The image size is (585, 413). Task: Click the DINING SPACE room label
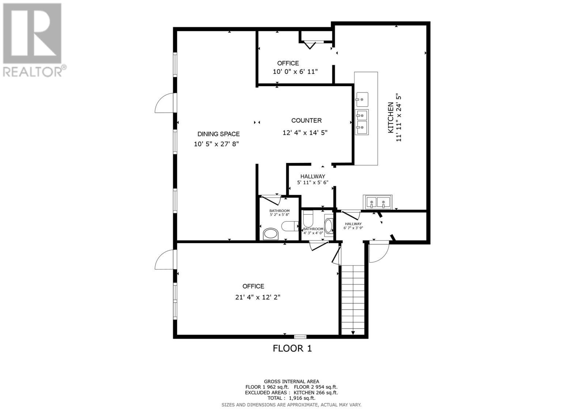pyautogui.click(x=218, y=134)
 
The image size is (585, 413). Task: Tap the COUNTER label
pyautogui.click(x=306, y=121)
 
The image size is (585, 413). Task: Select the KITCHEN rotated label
pyautogui.click(x=390, y=118)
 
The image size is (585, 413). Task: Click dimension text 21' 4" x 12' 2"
pyautogui.click(x=258, y=297)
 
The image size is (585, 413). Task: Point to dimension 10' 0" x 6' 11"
pyautogui.click(x=295, y=72)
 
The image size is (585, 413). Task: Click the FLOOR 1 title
pyautogui.click(x=292, y=348)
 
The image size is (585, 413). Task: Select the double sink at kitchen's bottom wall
pyautogui.click(x=377, y=202)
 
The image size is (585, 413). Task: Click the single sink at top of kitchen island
pyautogui.click(x=362, y=99)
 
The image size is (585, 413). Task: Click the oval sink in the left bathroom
pyautogui.click(x=271, y=233)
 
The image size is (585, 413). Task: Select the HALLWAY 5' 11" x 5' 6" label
pyautogui.click(x=313, y=179)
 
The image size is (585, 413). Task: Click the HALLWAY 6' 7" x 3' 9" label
pyautogui.click(x=353, y=226)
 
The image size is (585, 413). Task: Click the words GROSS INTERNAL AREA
pyautogui.click(x=291, y=381)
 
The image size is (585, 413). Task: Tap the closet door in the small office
pyautogui.click(x=310, y=45)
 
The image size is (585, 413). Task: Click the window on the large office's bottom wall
pyautogui.click(x=300, y=336)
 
